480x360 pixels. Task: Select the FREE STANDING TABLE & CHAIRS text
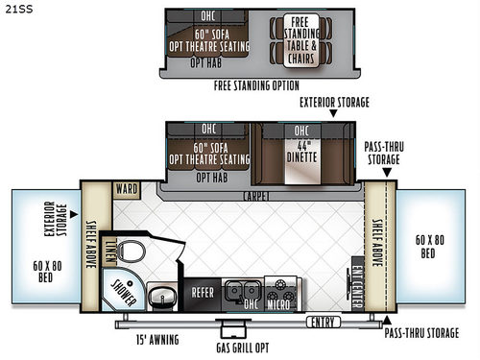(x=300, y=41)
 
